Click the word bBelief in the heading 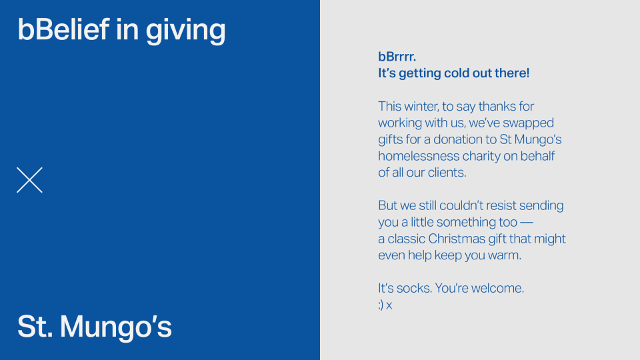63,29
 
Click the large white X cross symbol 29,179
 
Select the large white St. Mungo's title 94,327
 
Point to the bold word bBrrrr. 397,57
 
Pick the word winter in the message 421,107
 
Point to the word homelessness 419,156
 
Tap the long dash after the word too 527,223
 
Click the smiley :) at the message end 381,305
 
